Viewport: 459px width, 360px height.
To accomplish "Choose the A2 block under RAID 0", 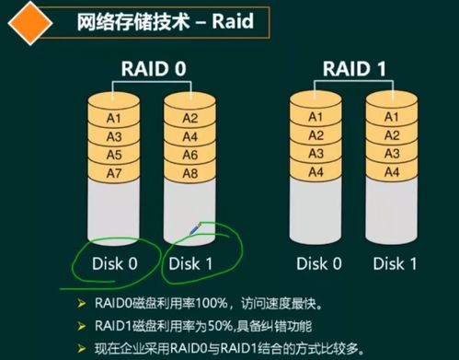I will [x=191, y=117].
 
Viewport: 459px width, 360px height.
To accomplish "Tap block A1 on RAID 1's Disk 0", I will [x=316, y=117].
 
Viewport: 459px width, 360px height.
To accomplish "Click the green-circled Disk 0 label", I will [x=115, y=263].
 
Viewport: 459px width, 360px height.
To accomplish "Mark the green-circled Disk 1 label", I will [x=191, y=263].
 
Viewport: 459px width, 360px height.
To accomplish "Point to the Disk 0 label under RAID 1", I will [x=316, y=263].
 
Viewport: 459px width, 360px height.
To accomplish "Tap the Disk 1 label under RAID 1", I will [x=393, y=263].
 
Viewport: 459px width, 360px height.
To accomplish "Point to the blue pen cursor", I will [x=195, y=227].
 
